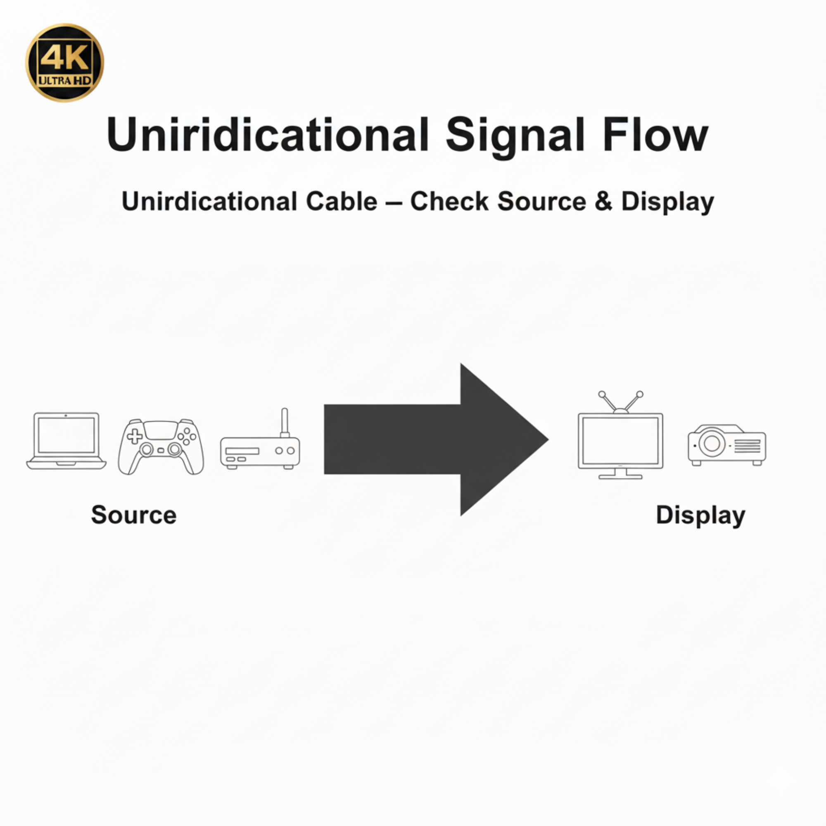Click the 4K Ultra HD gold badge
point(64,63)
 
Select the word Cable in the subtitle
point(342,202)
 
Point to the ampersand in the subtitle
point(603,202)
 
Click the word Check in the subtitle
point(449,202)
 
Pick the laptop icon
point(66,441)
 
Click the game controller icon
point(161,446)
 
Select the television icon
point(620,440)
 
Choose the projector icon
point(726,445)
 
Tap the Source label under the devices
point(134,515)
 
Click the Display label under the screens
point(700,515)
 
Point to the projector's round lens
point(712,443)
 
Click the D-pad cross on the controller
point(135,436)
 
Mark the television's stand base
point(620,477)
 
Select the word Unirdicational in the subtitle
point(209,202)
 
